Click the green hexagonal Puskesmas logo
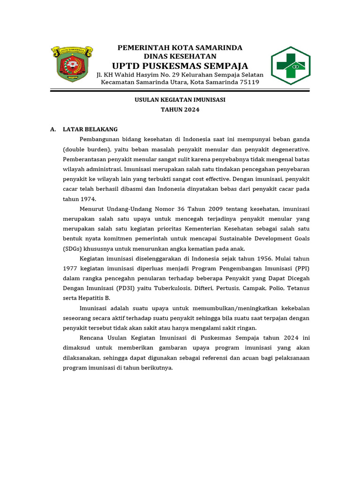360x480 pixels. pyautogui.click(x=291, y=66)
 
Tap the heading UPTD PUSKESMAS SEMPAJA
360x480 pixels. pyautogui.click(x=180, y=65)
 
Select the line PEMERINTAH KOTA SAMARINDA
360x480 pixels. pyautogui.click(x=180, y=48)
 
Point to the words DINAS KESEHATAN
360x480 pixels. pyautogui.click(x=180, y=56)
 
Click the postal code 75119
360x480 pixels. pyautogui.click(x=249, y=82)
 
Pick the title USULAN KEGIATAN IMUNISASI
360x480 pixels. pyautogui.click(x=180, y=100)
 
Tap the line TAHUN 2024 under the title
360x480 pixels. pyautogui.click(x=180, y=110)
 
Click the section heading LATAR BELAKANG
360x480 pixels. pyautogui.click(x=90, y=129)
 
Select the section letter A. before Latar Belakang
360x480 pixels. pyautogui.click(x=53, y=129)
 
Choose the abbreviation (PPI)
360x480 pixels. pyautogui.click(x=301, y=268)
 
